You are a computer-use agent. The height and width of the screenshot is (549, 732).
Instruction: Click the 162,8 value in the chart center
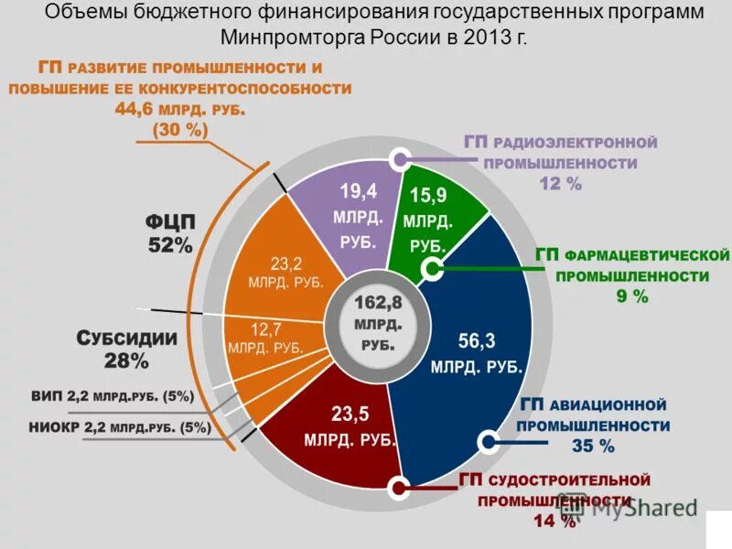pyautogui.click(x=371, y=303)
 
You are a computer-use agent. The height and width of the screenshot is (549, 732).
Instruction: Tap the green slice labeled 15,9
pyautogui.click(x=428, y=220)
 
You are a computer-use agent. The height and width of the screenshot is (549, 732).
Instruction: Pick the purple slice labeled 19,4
pyautogui.click(x=353, y=215)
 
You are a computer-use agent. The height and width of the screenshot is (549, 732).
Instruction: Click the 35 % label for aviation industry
pyautogui.click(x=592, y=447)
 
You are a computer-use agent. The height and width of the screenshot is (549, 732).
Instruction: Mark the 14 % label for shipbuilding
pyautogui.click(x=554, y=522)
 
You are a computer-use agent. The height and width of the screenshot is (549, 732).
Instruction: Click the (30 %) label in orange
pyautogui.click(x=180, y=130)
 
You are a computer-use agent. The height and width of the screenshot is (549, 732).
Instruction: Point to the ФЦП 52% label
pyautogui.click(x=170, y=233)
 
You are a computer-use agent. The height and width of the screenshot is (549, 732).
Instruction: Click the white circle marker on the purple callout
pyautogui.click(x=399, y=159)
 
